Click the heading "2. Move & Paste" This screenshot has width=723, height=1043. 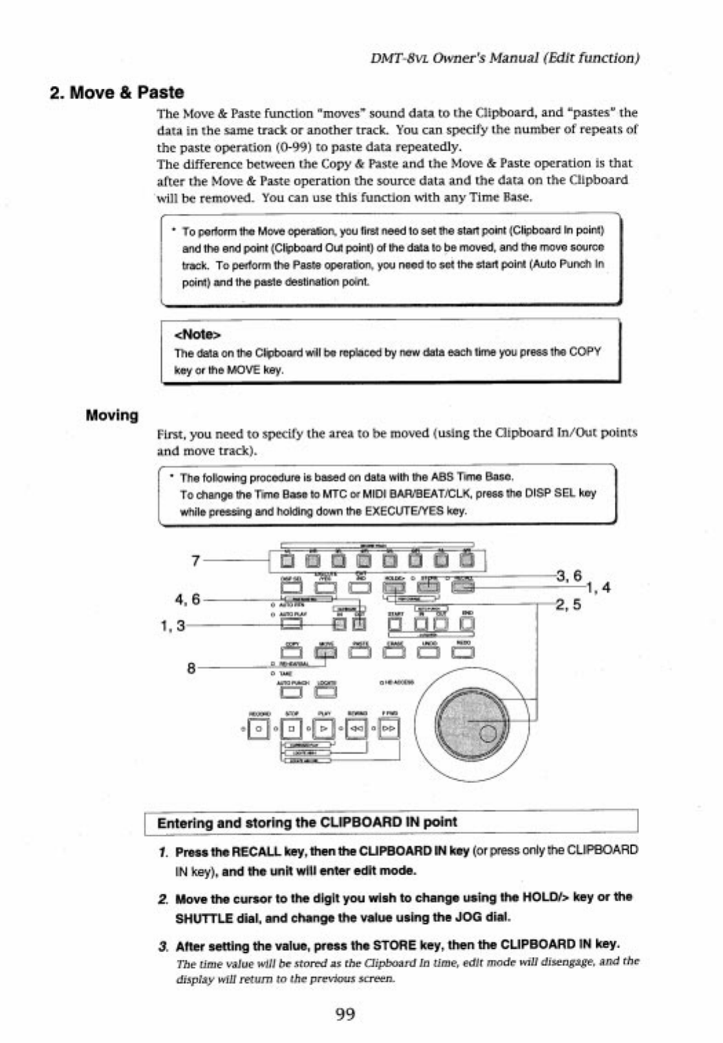click(x=117, y=92)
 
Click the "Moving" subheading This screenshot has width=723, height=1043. click(x=111, y=415)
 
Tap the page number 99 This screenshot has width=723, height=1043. click(x=345, y=1013)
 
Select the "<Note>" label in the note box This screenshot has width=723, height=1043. click(x=197, y=334)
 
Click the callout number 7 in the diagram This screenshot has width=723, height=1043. click(x=195, y=560)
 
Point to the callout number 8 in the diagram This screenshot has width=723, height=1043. click(x=191, y=667)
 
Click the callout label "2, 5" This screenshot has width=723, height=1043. click(x=568, y=605)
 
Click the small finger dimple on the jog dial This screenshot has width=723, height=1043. click(x=488, y=734)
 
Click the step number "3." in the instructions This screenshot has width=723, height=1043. click(x=163, y=945)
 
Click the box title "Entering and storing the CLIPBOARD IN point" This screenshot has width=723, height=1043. click(x=307, y=822)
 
